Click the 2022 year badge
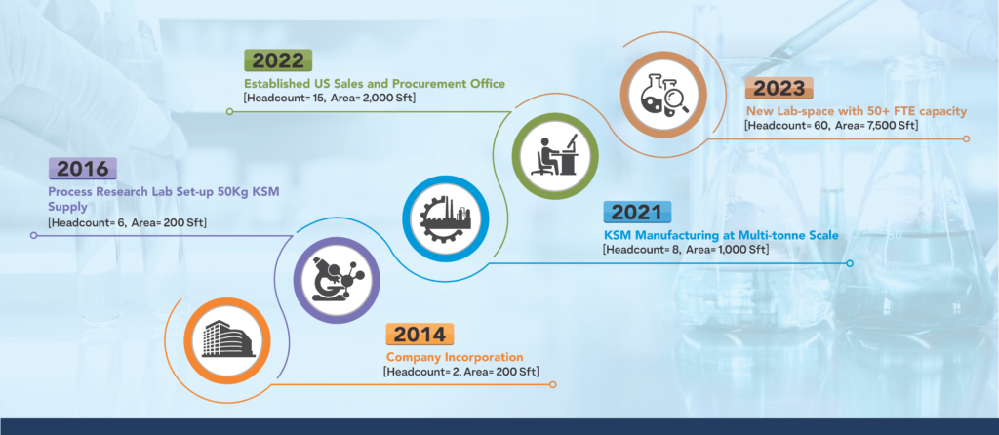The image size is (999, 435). pos(278,60)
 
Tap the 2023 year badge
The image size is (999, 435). pos(779,89)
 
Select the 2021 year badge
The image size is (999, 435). pos(637,212)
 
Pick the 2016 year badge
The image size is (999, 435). pos(83,169)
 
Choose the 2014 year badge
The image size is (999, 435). pos(420,335)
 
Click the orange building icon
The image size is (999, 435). pos(227,340)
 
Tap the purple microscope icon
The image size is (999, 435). pos(337,280)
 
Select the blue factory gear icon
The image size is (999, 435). pos(445,218)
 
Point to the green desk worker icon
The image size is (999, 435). pos(555,157)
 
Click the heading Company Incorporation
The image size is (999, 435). pos(455,357)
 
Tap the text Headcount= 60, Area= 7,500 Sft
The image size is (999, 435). pos(831,126)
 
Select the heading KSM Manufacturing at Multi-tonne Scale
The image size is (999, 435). pos(721,236)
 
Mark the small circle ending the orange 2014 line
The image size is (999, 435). pos(553,384)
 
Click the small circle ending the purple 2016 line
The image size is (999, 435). pos(34,236)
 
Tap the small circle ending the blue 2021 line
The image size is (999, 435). pos(850,263)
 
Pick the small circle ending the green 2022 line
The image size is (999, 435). pos(230,111)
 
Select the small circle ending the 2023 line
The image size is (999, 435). pos(966,138)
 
